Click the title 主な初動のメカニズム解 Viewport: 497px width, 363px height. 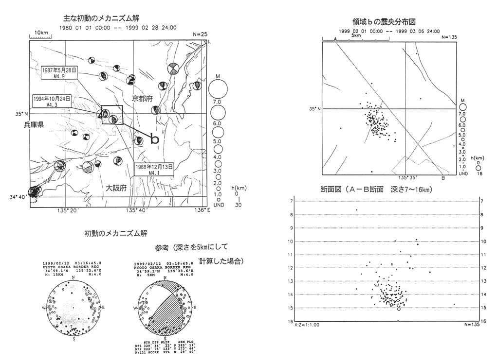101,18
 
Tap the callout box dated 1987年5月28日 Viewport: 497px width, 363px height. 59,72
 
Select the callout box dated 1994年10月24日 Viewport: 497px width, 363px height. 52,101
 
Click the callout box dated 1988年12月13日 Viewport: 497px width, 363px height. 154,169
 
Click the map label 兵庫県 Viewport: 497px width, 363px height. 34,125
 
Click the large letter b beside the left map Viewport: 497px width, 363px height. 154,138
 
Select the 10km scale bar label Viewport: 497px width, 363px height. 41,32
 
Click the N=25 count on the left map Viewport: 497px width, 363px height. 200,35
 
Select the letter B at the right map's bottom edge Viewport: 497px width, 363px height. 442,178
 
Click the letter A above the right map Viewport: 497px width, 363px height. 335,38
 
